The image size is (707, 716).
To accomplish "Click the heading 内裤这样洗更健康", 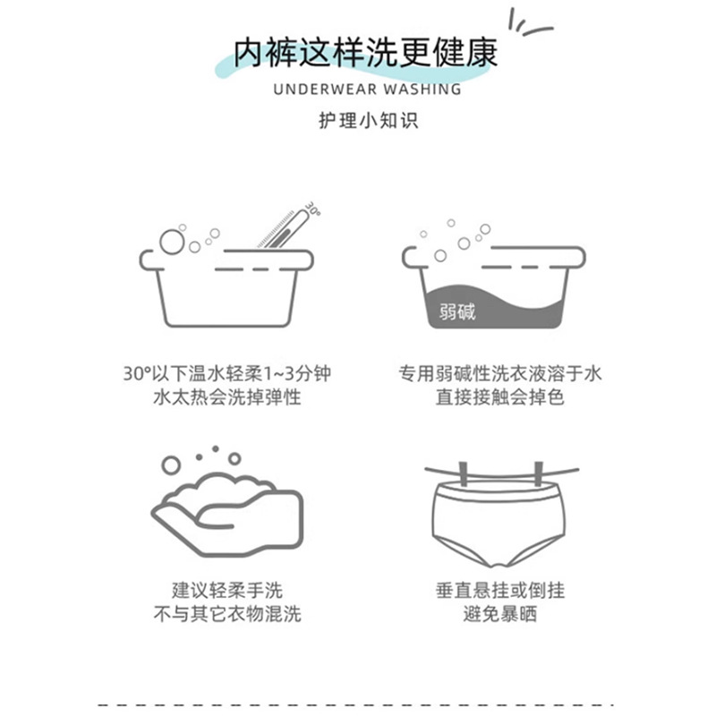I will (365, 53).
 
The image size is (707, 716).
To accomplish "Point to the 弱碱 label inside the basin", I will (457, 312).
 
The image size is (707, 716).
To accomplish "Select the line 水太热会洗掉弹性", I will (226, 396).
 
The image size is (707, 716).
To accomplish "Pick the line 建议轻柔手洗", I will (226, 591).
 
